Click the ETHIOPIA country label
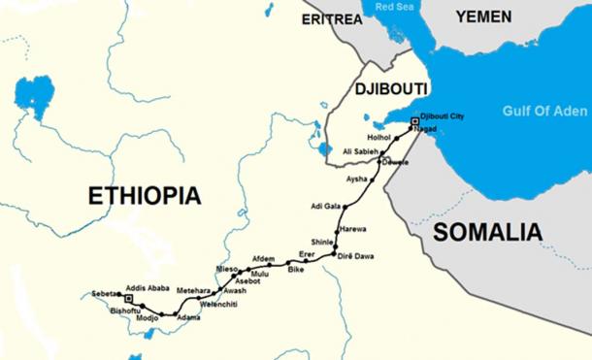pos(144,195)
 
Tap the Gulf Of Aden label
pos(543,111)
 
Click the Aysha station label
pos(357,180)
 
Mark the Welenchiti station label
pos(218,305)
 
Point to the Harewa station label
pos(353,229)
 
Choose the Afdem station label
pos(263,258)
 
